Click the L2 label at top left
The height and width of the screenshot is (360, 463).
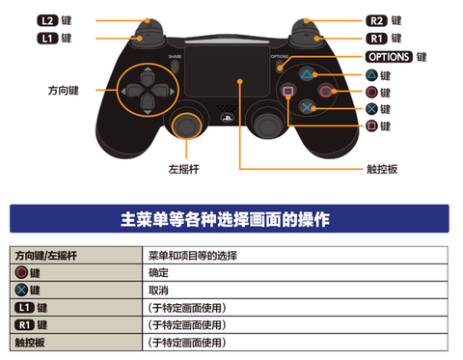point(45,19)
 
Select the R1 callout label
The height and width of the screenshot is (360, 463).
point(379,38)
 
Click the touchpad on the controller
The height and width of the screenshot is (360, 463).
point(230,79)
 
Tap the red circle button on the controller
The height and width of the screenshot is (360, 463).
point(328,91)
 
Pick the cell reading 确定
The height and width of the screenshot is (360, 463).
point(159,273)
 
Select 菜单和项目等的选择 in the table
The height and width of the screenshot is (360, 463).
point(192,256)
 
